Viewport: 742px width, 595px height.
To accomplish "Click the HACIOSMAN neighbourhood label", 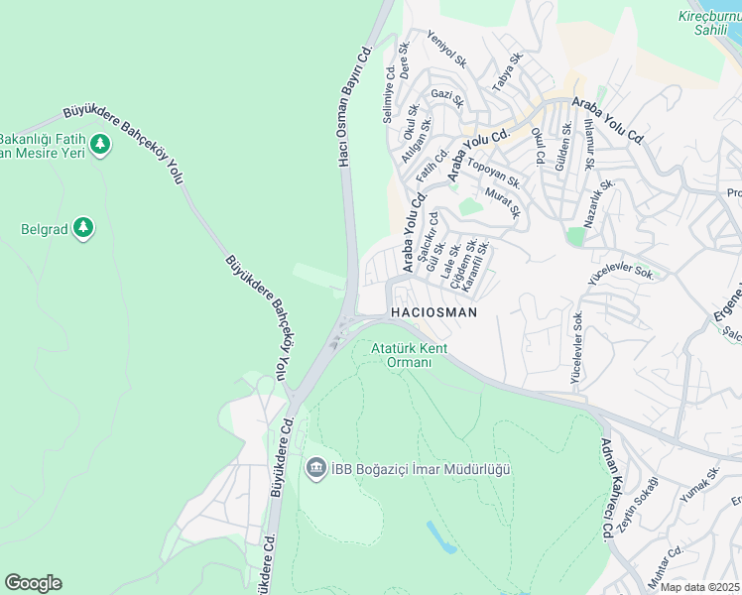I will (x=434, y=312).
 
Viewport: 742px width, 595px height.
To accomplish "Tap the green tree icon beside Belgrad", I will (x=83, y=229).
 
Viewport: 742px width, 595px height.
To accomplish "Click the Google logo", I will (x=33, y=583).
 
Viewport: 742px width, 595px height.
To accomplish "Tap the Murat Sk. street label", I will (x=503, y=203).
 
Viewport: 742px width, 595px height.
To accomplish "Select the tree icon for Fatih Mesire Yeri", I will (x=99, y=145).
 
